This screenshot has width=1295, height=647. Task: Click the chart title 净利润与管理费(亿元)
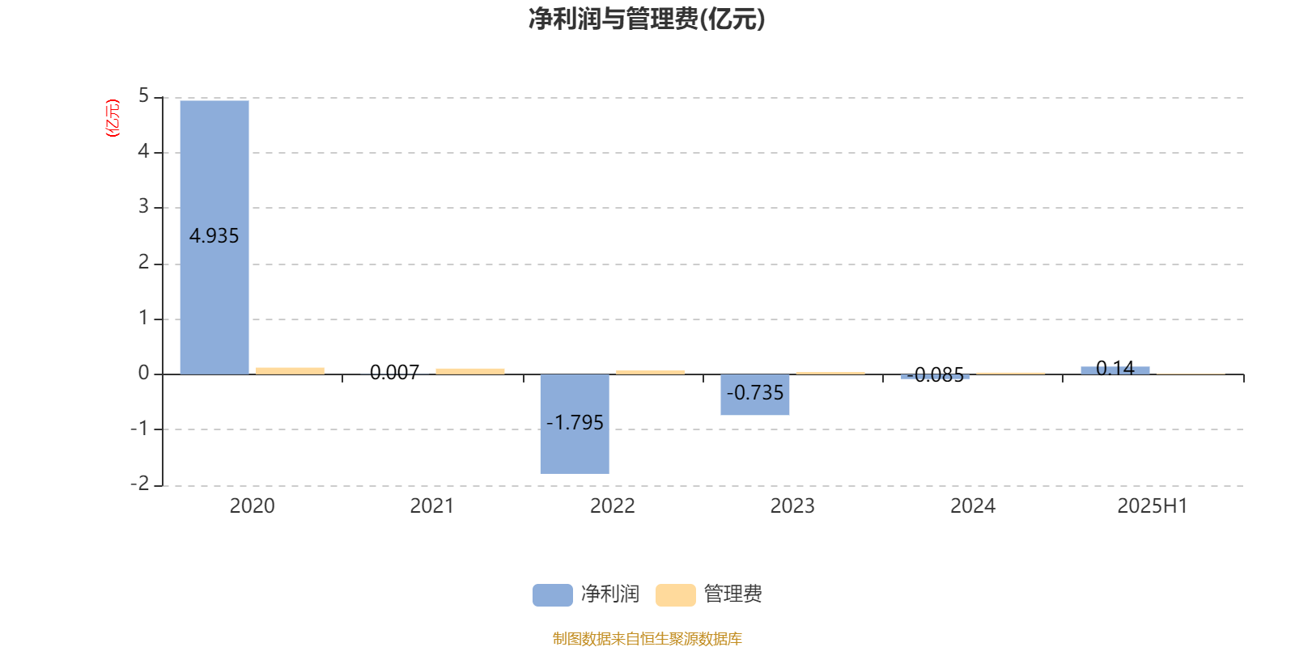tap(647, 19)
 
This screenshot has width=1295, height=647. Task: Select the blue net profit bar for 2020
tap(214, 238)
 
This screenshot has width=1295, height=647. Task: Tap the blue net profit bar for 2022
tap(575, 424)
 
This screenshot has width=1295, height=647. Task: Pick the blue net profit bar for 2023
tap(754, 395)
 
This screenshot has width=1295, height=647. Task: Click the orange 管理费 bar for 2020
tap(291, 371)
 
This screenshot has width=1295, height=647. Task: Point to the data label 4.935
tap(214, 235)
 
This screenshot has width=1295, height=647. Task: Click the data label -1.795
tap(575, 423)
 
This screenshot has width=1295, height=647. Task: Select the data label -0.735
tap(754, 393)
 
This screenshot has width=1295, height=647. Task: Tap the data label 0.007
tap(394, 373)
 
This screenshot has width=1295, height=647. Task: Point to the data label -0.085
tap(935, 375)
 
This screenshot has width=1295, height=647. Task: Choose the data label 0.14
tap(1115, 368)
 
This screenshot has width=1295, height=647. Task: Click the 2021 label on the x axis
tap(432, 506)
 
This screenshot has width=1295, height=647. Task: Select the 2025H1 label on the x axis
tap(1153, 506)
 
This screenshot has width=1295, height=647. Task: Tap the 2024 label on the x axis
tap(972, 506)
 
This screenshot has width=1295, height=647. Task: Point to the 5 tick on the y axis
tap(143, 96)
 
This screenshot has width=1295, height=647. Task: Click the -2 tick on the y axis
tap(140, 484)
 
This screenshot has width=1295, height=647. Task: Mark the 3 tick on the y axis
tap(143, 207)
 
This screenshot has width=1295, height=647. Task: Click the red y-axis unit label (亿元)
tap(113, 118)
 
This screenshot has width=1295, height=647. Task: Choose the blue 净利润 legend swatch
tap(552, 594)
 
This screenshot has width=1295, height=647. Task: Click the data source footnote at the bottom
tap(647, 638)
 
